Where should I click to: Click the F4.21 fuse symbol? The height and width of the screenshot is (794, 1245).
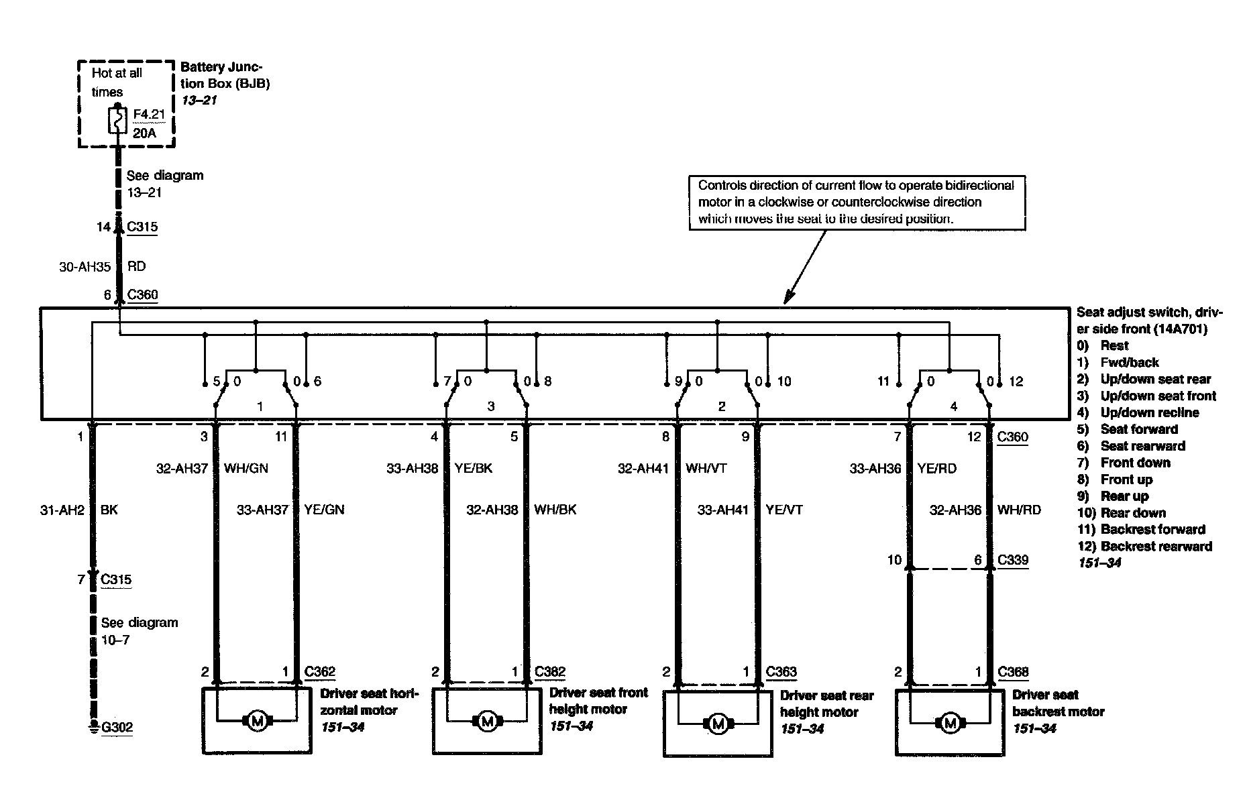click(x=118, y=122)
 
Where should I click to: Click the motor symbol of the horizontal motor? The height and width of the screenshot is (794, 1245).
click(x=257, y=722)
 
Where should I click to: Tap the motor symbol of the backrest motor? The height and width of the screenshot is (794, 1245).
click(x=949, y=724)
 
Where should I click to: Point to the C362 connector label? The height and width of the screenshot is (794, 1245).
click(x=320, y=672)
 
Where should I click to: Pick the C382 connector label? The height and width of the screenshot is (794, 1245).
click(x=550, y=672)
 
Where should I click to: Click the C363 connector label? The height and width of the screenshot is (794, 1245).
click(x=782, y=672)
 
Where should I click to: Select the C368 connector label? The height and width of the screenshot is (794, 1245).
click(x=1013, y=672)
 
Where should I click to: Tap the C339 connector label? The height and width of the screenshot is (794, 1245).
click(x=1012, y=560)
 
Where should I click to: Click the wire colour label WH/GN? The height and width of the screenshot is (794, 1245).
click(x=246, y=468)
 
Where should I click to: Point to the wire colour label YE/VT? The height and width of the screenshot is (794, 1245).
click(x=784, y=510)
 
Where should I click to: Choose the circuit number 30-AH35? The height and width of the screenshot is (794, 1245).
click(x=85, y=267)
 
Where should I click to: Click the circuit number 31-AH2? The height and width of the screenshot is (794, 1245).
click(x=62, y=510)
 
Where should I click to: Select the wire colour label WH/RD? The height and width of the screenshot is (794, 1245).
click(x=1019, y=510)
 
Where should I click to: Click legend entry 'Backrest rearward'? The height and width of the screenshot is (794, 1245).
click(x=1156, y=547)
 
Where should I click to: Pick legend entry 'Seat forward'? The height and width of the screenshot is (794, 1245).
click(x=1139, y=429)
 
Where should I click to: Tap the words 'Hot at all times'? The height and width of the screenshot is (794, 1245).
click(x=117, y=82)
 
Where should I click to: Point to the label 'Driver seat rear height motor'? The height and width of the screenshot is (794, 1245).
click(x=826, y=704)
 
